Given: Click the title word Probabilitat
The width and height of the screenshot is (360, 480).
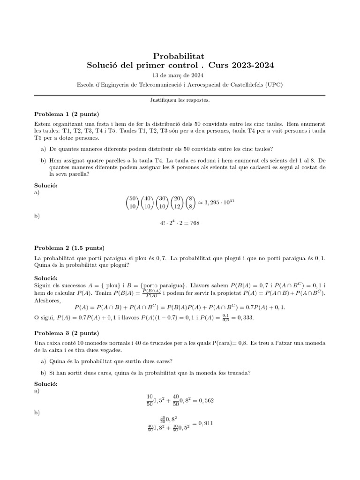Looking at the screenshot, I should (x=180, y=56).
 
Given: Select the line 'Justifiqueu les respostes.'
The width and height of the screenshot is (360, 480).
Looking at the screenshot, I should (x=180, y=100).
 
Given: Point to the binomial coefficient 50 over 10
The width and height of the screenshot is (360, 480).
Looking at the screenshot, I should (x=133, y=202).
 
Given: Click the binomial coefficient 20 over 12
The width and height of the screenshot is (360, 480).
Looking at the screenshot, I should (x=177, y=202).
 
